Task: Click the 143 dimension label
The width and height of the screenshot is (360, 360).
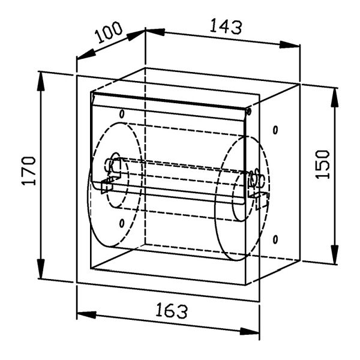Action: tap(226, 27)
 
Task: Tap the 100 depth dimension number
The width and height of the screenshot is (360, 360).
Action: tap(109, 32)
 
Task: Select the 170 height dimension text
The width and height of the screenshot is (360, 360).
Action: tap(29, 170)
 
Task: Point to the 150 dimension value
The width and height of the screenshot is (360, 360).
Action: tap(322, 164)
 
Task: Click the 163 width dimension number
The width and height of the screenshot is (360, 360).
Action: tap(172, 311)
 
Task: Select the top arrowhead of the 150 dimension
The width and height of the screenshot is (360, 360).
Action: tap(335, 98)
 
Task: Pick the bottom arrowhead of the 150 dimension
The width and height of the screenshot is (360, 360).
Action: tap(335, 253)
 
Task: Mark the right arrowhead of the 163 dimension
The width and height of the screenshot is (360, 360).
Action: tap(250, 331)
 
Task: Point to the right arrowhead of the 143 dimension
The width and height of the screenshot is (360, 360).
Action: tap(290, 44)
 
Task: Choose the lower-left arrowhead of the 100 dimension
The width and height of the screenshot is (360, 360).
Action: tap(86, 55)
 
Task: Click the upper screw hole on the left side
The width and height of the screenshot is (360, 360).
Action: tap(122, 114)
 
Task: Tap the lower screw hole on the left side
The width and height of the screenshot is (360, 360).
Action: tap(122, 223)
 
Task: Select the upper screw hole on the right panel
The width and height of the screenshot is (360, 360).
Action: tap(275, 130)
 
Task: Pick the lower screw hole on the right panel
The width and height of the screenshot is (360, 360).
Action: tap(275, 239)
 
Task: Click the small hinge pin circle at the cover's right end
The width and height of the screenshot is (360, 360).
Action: tap(248, 112)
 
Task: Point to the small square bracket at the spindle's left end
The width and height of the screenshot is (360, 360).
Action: tap(107, 186)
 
